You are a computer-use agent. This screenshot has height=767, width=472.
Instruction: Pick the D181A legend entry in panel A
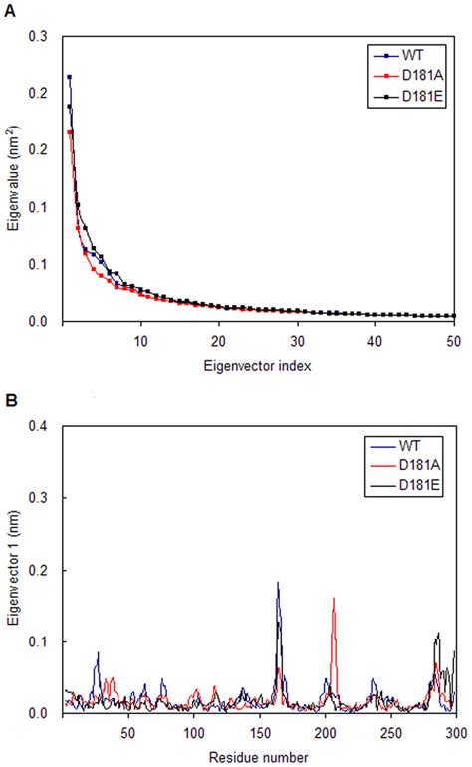tap(417, 78)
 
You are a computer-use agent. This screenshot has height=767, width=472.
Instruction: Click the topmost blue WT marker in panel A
tap(69, 77)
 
